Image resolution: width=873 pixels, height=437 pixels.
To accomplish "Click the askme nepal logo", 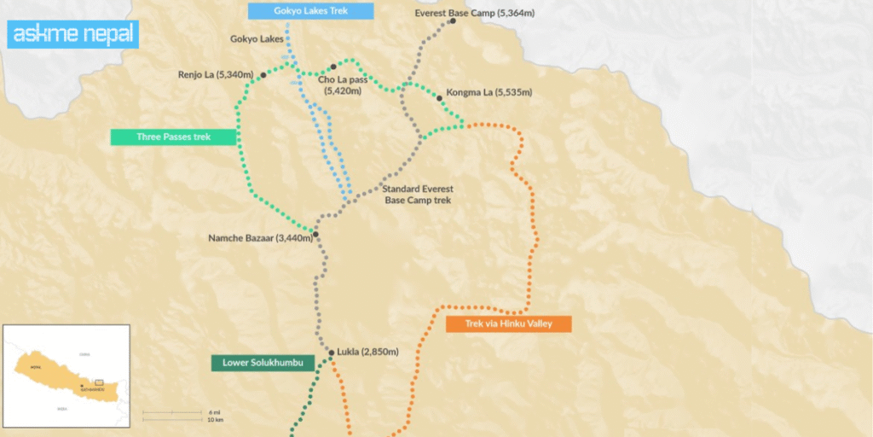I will point(72,35).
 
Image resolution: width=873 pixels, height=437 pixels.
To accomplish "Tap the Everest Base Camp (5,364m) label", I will point(474,14).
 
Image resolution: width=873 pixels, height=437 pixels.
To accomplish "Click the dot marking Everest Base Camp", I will point(453,21).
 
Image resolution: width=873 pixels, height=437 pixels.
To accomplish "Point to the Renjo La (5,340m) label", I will point(216,75).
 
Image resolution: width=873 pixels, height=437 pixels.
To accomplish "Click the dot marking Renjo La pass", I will point(263,75).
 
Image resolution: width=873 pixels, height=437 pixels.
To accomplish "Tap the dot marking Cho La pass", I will point(333,67).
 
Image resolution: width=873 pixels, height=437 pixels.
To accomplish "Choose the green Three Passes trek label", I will point(173,137).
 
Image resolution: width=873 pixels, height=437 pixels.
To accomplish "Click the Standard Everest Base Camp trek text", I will point(416,195).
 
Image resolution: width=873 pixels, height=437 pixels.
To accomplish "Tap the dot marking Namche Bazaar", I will point(315,234).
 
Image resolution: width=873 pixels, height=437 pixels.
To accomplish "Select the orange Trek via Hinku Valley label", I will point(507,324).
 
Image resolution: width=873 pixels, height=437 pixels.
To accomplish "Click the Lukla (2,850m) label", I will point(367,352).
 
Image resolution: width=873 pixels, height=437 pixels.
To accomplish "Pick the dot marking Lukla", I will point(332,352).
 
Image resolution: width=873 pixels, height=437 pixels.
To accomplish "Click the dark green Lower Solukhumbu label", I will point(257,364).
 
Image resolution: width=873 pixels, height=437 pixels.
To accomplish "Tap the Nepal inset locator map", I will point(66,375).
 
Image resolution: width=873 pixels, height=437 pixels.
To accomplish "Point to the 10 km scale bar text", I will point(216,420).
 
